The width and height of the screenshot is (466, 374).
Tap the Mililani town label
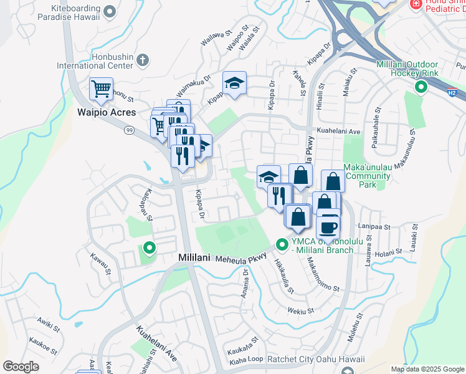196,257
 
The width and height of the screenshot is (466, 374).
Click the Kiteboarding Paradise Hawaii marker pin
110,11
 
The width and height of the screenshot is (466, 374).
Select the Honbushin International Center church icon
143,60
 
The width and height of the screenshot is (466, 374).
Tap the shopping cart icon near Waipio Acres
101,89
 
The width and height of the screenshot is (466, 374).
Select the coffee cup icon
328,226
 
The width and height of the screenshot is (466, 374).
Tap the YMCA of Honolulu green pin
281,243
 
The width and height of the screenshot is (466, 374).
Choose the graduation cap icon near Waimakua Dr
234,84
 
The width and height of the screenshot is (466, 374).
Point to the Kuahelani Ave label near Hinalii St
339,132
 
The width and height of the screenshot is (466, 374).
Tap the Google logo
21,367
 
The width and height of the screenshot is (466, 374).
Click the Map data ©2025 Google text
427,369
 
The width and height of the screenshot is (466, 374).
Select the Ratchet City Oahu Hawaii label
310,360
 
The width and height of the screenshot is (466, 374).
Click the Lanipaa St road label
374,228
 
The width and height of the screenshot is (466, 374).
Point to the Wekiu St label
300,310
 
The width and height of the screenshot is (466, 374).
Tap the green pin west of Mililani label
149,248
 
